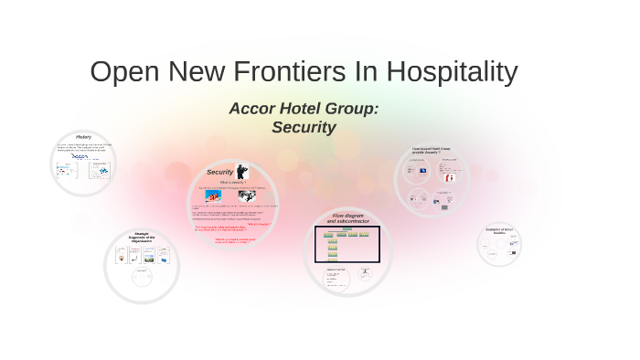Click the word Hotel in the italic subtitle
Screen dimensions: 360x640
297,109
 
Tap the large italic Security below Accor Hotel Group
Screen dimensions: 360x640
304,128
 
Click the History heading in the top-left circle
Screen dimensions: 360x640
83,137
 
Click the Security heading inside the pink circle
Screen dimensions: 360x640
219,172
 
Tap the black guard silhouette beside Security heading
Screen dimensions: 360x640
241,171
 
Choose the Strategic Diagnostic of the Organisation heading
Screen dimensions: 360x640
142,238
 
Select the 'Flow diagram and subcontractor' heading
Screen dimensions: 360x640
348,218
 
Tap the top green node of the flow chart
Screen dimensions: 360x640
347,229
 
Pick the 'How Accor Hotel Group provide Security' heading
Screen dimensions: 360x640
432,150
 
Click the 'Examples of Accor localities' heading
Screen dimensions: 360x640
499,231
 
